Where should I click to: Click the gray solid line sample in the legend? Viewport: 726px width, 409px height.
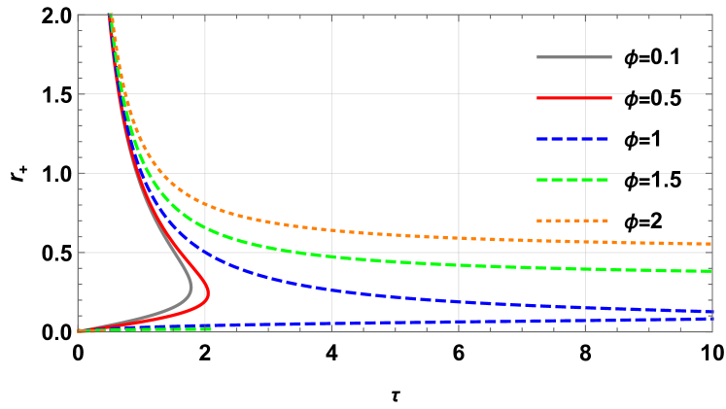click(573, 57)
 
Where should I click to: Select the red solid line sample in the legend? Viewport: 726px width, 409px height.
click(573, 98)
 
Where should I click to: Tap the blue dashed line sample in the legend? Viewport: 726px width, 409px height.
click(573, 139)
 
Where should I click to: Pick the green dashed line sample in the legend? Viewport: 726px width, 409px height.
click(573, 180)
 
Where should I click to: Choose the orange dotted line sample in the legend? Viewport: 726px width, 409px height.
click(573, 221)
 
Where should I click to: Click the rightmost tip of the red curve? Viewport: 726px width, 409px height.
click(208, 292)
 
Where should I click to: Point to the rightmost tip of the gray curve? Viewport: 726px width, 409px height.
click(191, 288)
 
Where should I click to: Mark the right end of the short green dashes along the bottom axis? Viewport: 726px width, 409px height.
click(211, 329)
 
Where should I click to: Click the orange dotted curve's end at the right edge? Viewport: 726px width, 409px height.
click(710, 244)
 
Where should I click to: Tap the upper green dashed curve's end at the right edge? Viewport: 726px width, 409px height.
click(710, 271)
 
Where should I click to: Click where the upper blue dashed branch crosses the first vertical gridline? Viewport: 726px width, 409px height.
click(205, 253)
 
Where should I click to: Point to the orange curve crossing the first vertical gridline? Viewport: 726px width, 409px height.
click(205, 204)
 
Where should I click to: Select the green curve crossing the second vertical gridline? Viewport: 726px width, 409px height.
click(331, 257)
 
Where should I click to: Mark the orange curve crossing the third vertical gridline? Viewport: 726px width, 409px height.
click(459, 237)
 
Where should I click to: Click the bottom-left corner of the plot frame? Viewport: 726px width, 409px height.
click(78, 332)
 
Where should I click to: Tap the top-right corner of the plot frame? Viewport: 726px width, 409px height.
click(712, 15)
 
